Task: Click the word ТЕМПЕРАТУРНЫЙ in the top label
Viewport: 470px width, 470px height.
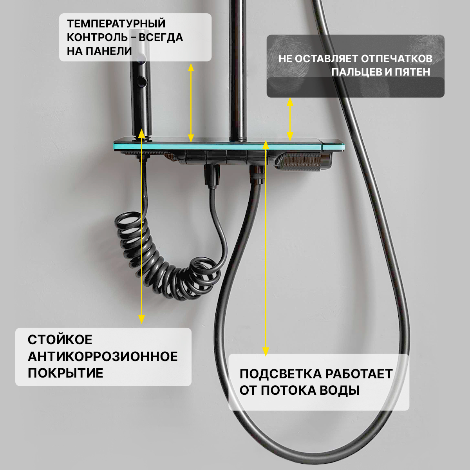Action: [x=116, y=23]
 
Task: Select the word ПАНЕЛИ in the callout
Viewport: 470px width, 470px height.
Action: [x=110, y=51]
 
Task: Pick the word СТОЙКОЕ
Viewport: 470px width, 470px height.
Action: [x=60, y=340]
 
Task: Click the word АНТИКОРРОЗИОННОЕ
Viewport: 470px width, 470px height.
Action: [x=103, y=356]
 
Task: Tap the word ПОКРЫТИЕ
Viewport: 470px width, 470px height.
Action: [x=65, y=373]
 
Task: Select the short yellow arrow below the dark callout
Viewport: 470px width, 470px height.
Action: [x=290, y=119]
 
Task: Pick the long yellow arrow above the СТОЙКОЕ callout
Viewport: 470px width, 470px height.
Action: [x=141, y=227]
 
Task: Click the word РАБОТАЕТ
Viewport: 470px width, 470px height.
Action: [x=359, y=374]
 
